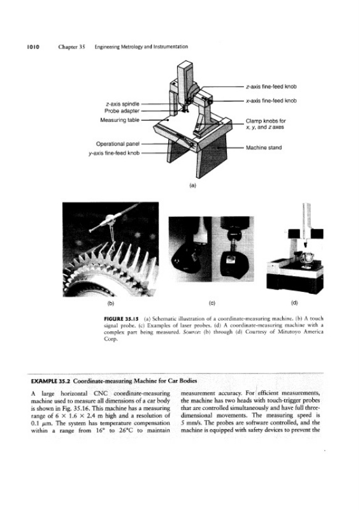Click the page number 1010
pos(33,47)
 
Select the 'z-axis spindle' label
pos(122,104)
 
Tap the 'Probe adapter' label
pos(122,111)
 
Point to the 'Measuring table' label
pos(120,120)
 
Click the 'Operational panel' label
pos(118,144)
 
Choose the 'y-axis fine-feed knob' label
pos(114,153)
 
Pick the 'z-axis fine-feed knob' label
pos(271,87)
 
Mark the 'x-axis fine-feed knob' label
pos(271,101)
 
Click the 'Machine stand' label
pos(264,148)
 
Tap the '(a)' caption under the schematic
pos(193,186)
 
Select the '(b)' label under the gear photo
pos(111,303)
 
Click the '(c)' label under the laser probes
pos(212,303)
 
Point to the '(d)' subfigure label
pos(294,303)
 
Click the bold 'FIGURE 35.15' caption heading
pos(121,318)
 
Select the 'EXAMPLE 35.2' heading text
pos(51,381)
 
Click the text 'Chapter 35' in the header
pos(71,47)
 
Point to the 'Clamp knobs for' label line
pos(266,120)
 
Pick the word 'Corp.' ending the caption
pos(111,339)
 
